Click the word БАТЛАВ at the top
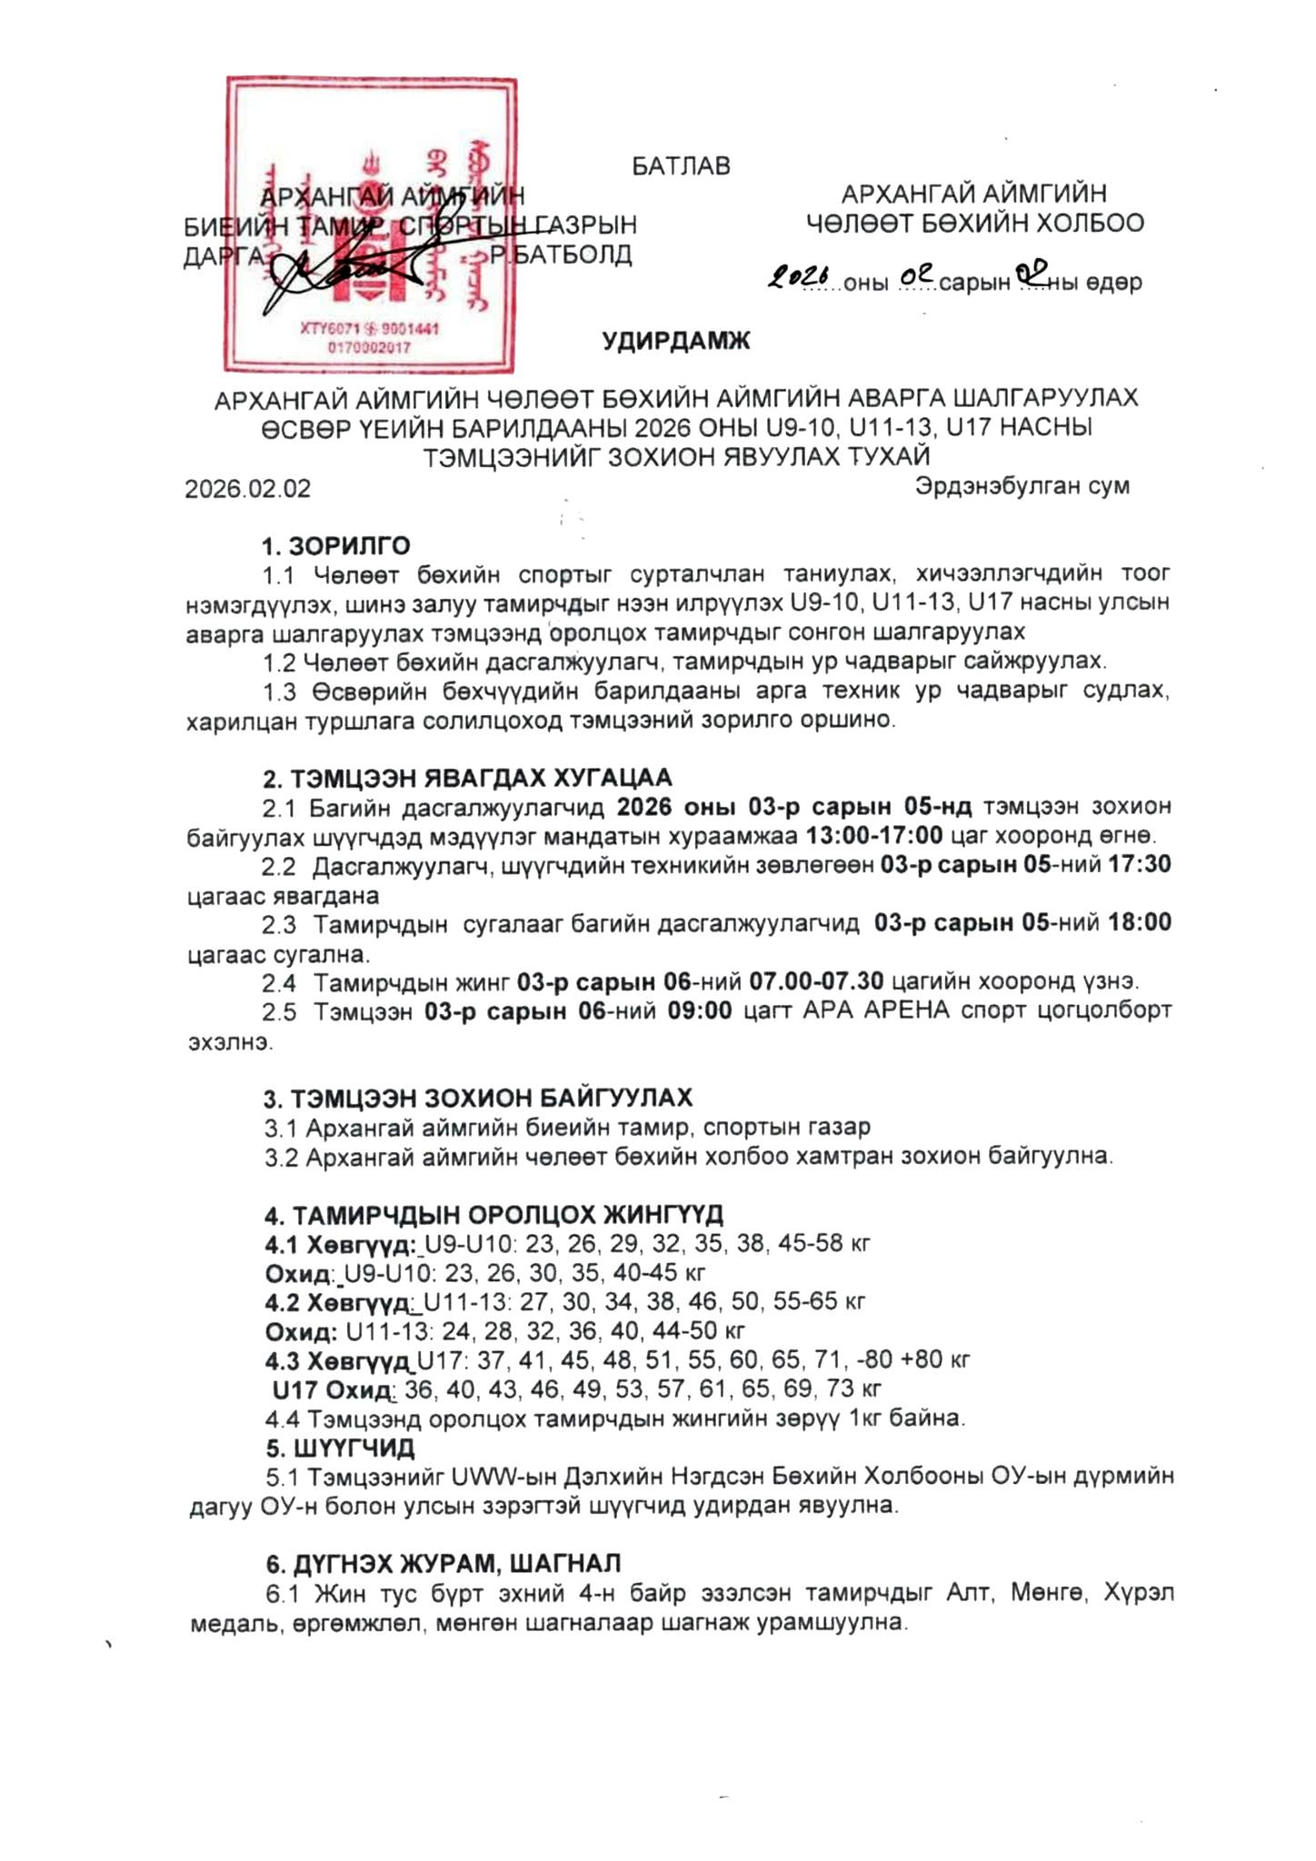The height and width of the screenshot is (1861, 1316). [681, 166]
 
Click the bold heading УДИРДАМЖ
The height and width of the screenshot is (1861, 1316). [676, 342]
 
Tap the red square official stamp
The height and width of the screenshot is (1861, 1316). [371, 225]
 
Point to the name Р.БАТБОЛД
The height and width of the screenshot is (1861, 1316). [562, 254]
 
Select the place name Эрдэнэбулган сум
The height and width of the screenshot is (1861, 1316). [1022, 485]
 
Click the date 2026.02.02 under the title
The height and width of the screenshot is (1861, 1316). [248, 489]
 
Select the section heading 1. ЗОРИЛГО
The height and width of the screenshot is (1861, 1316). [336, 546]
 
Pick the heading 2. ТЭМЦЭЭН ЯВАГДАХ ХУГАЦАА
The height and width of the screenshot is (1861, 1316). [467, 778]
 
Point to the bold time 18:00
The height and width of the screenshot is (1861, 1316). [1139, 922]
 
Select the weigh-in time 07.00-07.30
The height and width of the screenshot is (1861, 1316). [816, 981]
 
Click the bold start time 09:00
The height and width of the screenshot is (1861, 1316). [700, 1010]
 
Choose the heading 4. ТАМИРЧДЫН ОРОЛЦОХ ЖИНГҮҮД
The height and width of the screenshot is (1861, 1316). [493, 1214]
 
